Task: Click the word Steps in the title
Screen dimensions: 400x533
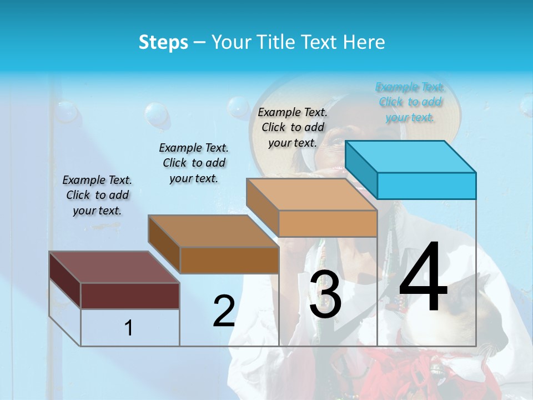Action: [163, 42]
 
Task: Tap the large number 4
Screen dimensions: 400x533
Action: [423, 277]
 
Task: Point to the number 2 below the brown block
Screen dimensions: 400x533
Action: [224, 311]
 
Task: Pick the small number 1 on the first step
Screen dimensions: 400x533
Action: [129, 328]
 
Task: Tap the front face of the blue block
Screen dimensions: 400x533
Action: [426, 186]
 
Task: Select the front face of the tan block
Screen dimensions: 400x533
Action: [328, 223]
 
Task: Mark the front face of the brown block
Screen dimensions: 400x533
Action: [229, 260]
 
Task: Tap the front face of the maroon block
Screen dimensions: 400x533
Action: [130, 296]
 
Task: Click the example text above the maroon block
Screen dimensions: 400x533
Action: [97, 195]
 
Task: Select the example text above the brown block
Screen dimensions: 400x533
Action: [194, 163]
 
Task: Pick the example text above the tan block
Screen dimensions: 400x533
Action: [293, 127]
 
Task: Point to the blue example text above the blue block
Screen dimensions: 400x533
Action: [410, 102]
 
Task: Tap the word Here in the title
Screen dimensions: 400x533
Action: [364, 42]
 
